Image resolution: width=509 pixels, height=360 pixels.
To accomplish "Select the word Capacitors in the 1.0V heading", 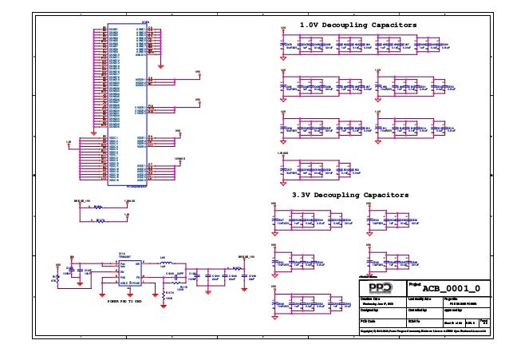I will tap(385, 26).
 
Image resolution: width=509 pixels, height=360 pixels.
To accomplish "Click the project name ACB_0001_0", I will tap(451, 288).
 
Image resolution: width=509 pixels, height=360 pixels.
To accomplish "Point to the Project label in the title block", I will tap(415, 283).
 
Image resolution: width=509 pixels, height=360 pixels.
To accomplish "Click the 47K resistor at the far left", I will tap(58, 279).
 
